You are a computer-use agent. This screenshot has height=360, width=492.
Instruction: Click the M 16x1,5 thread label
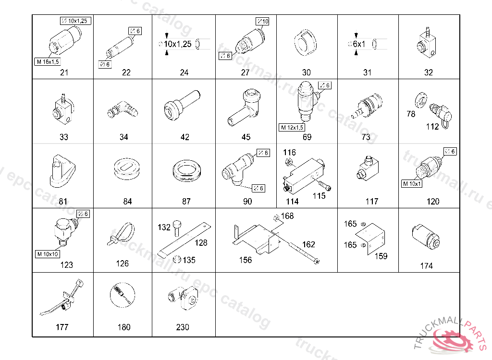click(x=48, y=61)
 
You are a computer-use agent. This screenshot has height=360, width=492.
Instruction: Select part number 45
click(x=246, y=137)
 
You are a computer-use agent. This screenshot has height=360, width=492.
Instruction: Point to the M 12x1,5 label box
click(x=292, y=128)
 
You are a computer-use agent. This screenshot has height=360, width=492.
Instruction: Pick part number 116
click(x=289, y=153)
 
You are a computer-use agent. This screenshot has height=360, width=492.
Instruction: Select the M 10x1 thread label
click(x=411, y=183)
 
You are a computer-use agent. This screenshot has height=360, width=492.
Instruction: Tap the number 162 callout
click(x=308, y=244)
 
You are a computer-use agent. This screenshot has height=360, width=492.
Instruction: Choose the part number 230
click(x=183, y=327)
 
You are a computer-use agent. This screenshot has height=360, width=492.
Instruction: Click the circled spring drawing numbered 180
click(x=123, y=294)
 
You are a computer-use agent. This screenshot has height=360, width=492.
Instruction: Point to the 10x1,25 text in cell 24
click(x=178, y=44)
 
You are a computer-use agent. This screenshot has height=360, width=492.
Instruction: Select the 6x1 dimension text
click(x=359, y=44)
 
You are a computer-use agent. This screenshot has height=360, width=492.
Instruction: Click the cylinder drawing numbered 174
click(x=425, y=237)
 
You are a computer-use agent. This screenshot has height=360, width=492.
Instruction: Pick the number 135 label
click(x=189, y=260)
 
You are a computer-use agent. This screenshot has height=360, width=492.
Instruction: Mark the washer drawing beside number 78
click(x=421, y=99)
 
